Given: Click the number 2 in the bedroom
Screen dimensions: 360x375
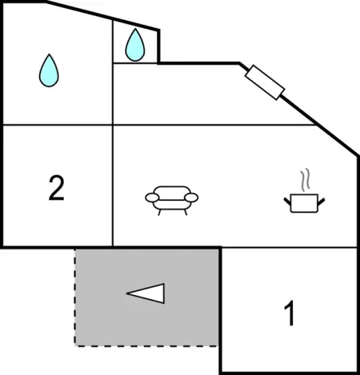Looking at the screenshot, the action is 57,188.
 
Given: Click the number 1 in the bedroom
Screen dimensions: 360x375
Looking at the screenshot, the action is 290,313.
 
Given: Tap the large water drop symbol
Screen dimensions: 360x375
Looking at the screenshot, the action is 49,70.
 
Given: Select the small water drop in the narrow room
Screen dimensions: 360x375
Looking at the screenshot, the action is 135,45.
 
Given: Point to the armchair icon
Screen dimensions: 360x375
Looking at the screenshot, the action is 172,201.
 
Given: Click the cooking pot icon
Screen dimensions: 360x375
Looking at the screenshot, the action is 304,203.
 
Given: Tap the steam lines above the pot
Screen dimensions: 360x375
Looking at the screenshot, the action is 306,180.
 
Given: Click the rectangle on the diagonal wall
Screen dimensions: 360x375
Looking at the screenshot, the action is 265,82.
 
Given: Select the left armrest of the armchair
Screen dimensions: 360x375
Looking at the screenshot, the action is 152,197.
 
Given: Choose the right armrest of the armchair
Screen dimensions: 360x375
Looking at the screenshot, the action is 191,197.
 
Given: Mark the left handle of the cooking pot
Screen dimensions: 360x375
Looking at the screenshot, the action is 287,201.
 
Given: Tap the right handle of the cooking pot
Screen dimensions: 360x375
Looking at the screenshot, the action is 321,201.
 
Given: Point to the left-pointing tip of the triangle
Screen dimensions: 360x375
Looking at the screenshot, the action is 126,293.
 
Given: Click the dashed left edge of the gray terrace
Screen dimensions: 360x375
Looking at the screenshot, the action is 75,297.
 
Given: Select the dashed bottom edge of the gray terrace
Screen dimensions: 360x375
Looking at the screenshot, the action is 146,346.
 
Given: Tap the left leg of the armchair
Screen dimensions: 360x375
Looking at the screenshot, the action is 159,213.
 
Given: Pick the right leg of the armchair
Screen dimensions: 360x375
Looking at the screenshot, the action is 186,213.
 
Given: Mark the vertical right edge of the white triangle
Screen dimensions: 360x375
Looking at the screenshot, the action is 163,293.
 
